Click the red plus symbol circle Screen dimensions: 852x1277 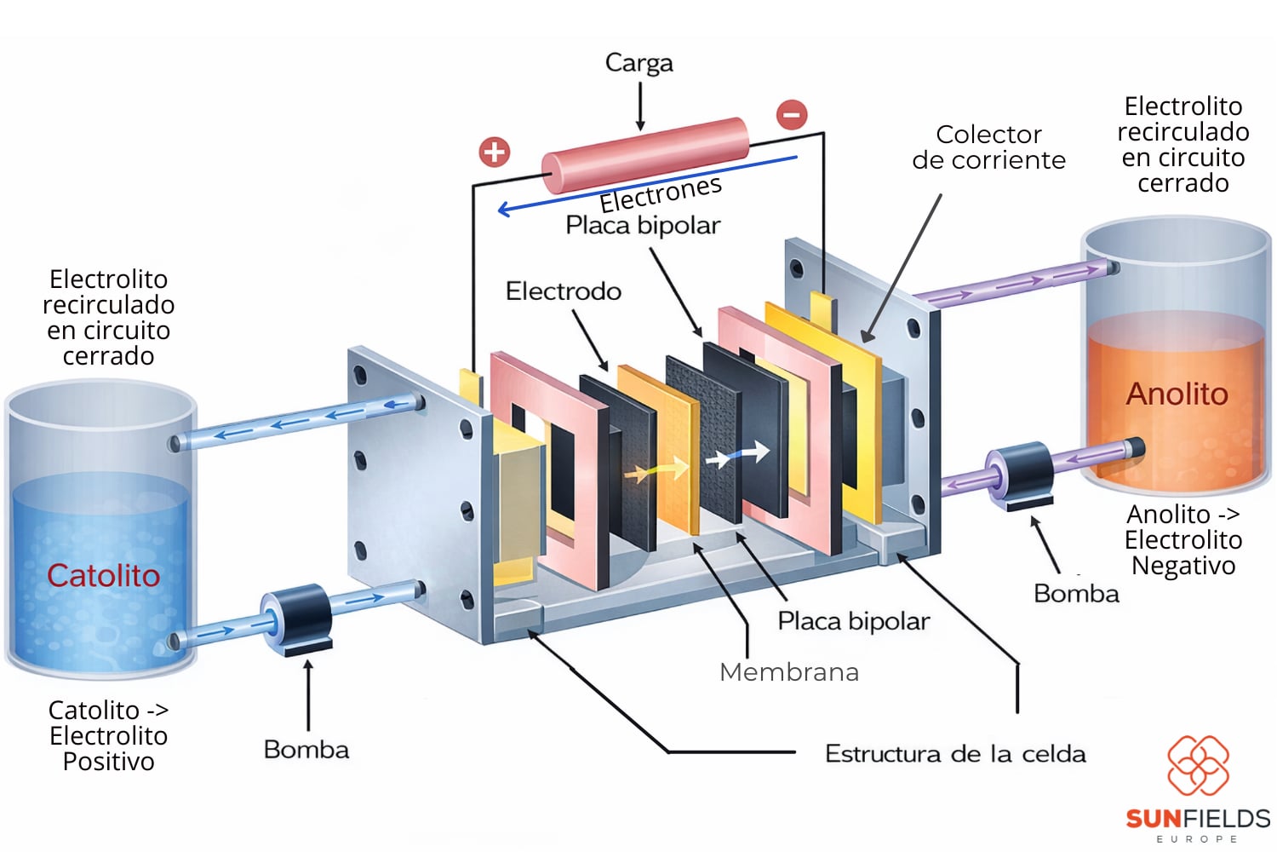tap(495, 153)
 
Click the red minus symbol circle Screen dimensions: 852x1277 tap(792, 114)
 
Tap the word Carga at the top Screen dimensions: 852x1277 tap(638, 63)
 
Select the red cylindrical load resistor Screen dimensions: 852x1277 tap(645, 154)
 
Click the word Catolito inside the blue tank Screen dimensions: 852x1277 tap(103, 576)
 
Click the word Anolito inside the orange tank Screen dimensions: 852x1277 tap(1177, 394)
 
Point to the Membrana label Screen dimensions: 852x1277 tap(788, 672)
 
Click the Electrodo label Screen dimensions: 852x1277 tap(563, 291)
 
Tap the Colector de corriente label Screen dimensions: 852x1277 tap(988, 147)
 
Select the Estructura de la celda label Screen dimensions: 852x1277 tap(955, 754)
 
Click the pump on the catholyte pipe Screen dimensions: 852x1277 tap(299, 617)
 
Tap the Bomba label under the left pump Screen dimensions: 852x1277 tap(306, 750)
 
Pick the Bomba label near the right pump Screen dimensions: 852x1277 tap(1076, 594)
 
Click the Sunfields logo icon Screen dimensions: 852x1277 tap(1198, 765)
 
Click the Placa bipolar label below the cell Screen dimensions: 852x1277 tap(853, 621)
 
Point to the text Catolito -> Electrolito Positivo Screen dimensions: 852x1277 tap(108, 735)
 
